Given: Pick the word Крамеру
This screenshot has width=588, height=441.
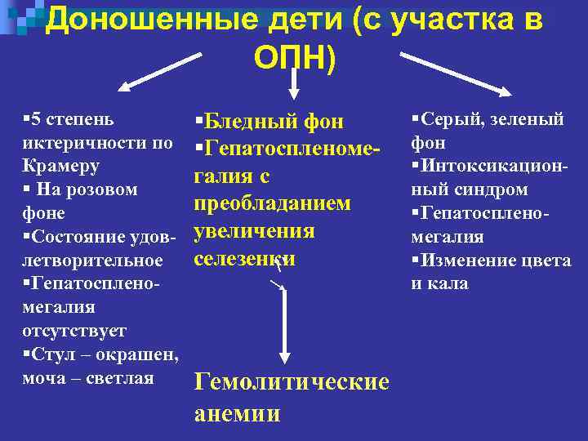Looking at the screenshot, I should point(60,167).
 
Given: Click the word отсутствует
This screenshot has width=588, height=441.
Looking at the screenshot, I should point(74,331).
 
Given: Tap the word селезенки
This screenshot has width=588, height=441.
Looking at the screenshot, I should point(244,258).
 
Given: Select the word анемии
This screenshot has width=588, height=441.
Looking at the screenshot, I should point(237,413).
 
